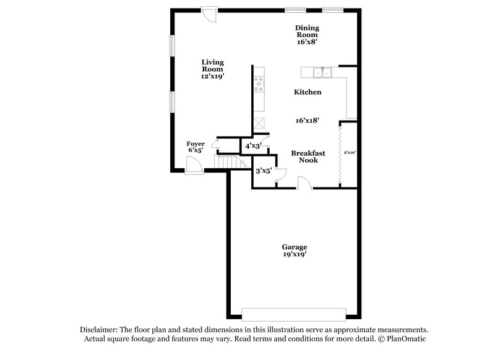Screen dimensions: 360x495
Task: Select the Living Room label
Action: click(x=212, y=66)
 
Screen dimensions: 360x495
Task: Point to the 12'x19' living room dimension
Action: click(x=212, y=77)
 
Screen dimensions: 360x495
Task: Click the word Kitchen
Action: click(x=307, y=92)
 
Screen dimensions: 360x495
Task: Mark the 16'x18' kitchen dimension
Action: click(x=307, y=121)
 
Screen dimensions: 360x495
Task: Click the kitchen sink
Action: click(x=322, y=73)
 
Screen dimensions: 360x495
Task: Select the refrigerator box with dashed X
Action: click(x=260, y=122)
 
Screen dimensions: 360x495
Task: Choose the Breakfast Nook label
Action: click(x=304, y=156)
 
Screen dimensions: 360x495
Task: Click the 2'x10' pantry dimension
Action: click(x=350, y=152)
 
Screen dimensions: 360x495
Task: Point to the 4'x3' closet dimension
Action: click(x=253, y=146)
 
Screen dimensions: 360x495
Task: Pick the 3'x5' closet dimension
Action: click(x=264, y=171)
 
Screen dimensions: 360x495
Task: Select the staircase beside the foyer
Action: click(x=225, y=161)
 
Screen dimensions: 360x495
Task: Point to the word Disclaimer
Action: click(x=100, y=330)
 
